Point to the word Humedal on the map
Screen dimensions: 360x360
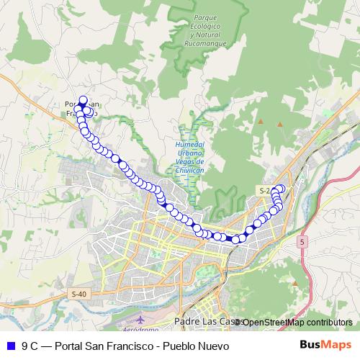tap(189, 145)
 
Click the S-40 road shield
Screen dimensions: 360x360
tap(78, 294)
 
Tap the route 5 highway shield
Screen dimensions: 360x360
tap(302, 243)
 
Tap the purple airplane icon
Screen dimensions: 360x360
tap(140, 318)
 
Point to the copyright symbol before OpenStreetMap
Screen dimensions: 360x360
tap(238, 323)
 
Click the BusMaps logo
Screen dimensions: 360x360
tap(325, 346)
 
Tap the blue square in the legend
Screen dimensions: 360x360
tap(10, 346)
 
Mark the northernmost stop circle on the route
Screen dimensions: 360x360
tap(82, 101)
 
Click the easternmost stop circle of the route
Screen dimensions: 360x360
tap(281, 189)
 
